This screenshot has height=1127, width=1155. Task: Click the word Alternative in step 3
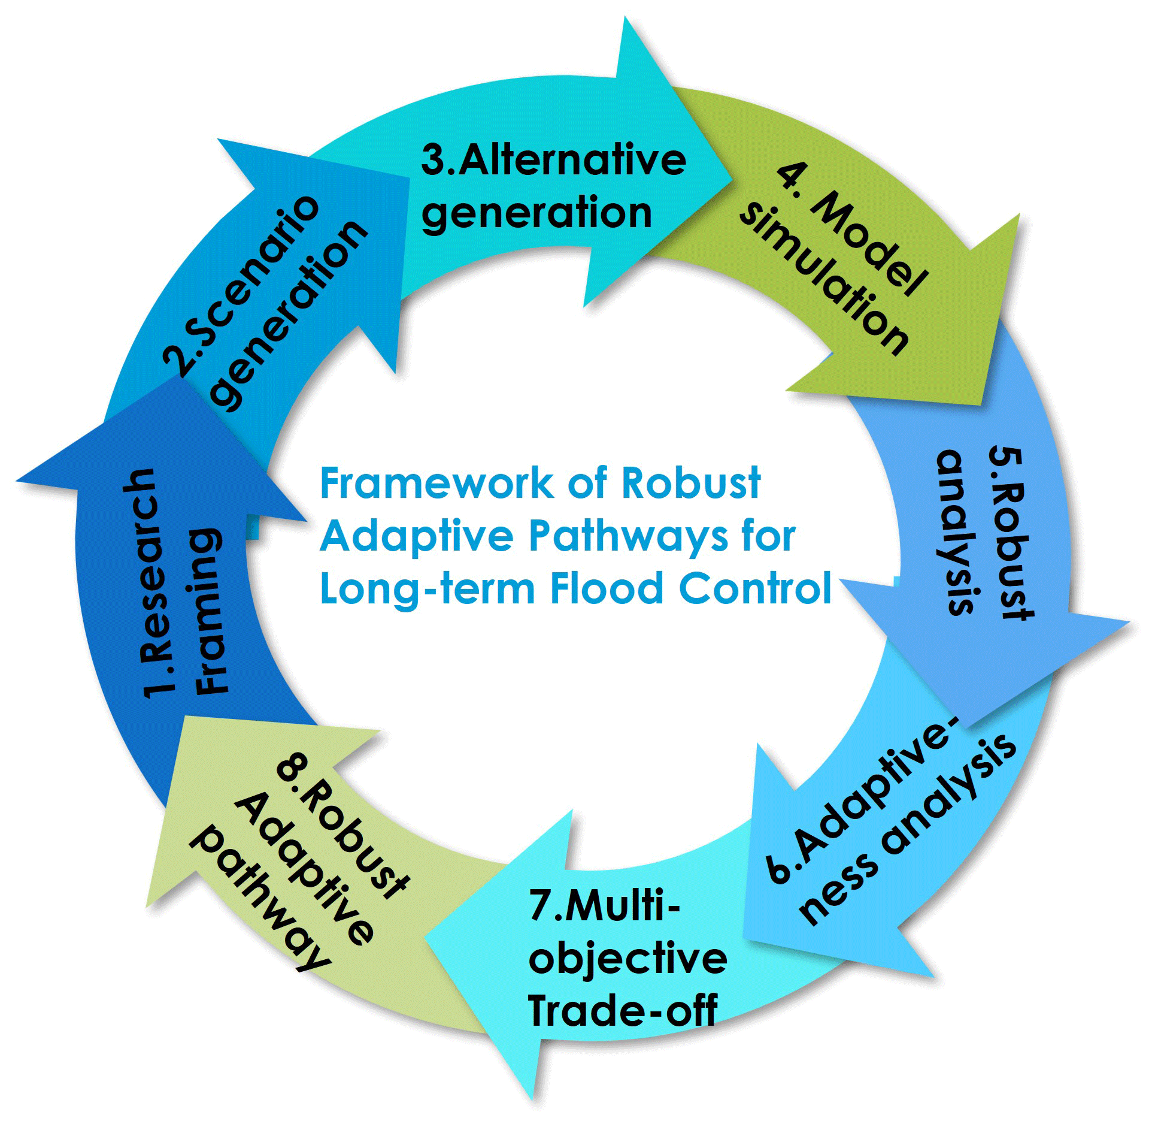coord(571,161)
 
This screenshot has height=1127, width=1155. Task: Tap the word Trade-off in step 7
coord(623,1011)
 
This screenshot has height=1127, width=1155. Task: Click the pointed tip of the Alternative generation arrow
coord(732,177)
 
